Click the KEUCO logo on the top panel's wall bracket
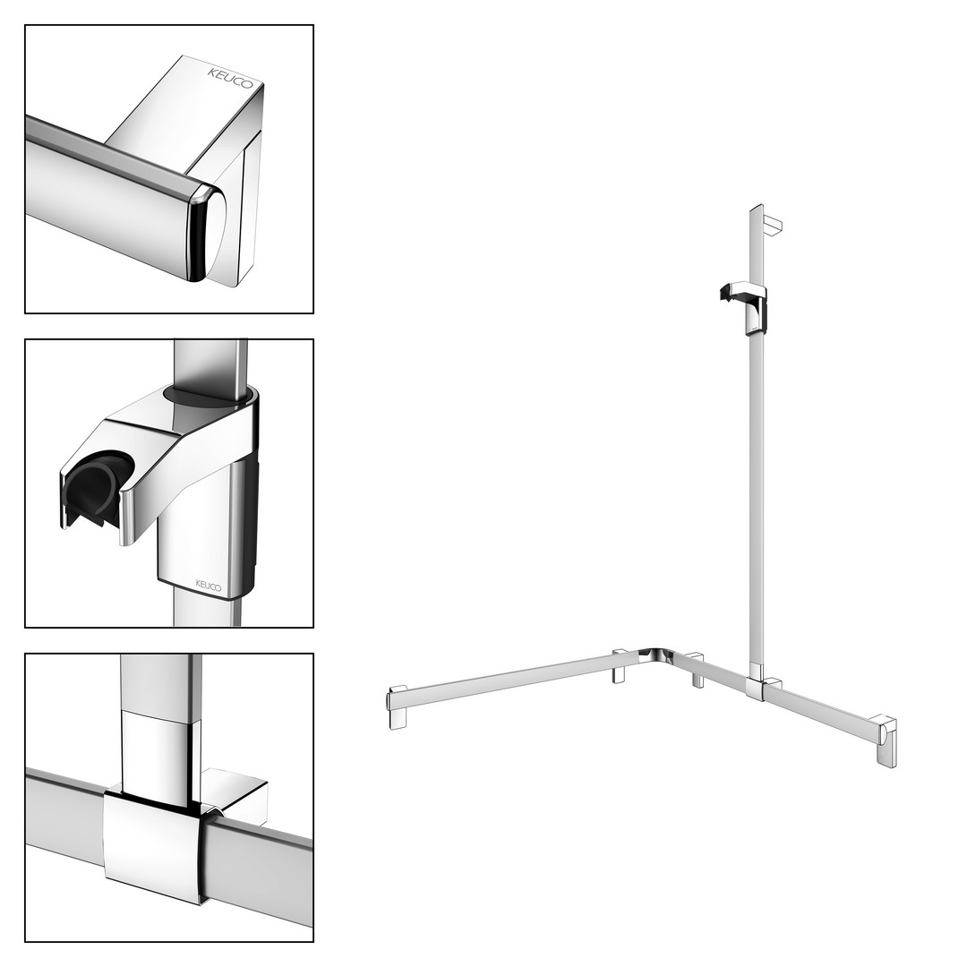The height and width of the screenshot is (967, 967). coord(230,78)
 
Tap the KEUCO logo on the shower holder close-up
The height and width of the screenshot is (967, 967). coord(209,586)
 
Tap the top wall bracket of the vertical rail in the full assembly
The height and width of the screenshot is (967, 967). coord(772,226)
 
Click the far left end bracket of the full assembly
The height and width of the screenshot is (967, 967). coord(398,706)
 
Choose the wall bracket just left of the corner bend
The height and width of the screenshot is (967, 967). coord(620,666)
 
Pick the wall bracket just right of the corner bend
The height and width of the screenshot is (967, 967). coord(697,669)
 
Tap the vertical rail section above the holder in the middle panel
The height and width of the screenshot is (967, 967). coord(211,364)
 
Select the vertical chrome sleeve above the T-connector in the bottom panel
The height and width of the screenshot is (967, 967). coord(161,753)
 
